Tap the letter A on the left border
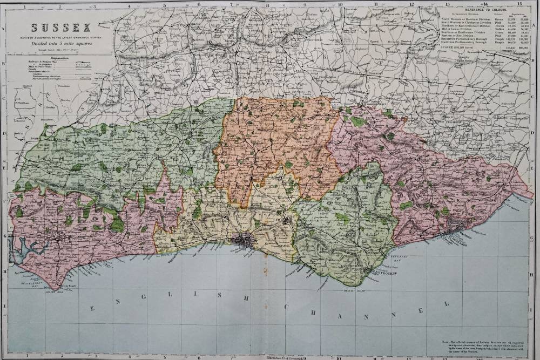4,29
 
